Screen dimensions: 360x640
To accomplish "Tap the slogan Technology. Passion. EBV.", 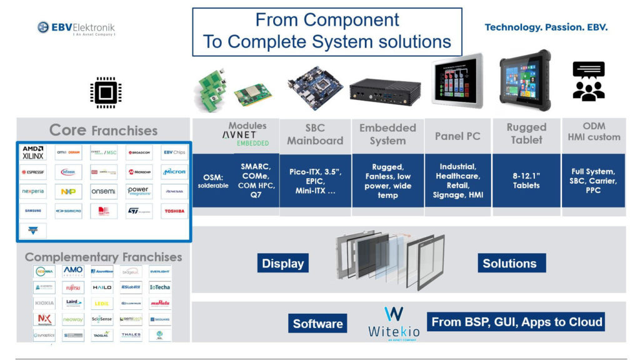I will [x=546, y=27].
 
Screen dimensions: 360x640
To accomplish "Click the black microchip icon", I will [x=104, y=94].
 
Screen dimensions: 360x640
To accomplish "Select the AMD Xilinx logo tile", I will [x=33, y=152].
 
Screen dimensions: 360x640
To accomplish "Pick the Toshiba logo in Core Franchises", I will [x=174, y=211].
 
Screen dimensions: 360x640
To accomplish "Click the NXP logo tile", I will [x=68, y=191].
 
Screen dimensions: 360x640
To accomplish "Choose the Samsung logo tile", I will [x=33, y=211].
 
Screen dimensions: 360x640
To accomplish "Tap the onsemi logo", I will [x=103, y=191].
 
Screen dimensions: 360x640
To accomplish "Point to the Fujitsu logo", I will [x=72, y=288].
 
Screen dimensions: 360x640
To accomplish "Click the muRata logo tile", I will [x=160, y=303].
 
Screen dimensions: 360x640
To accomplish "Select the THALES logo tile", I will [x=131, y=335].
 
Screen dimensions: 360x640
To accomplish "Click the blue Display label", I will [x=282, y=264].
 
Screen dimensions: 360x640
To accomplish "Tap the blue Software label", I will [x=318, y=324].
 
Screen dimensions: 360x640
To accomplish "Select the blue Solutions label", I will [x=509, y=263].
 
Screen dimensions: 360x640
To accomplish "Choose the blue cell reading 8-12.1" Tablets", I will [x=526, y=181].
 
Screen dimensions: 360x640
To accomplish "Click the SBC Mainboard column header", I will [x=315, y=134].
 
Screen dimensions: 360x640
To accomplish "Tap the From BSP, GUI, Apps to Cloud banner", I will [x=517, y=322].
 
